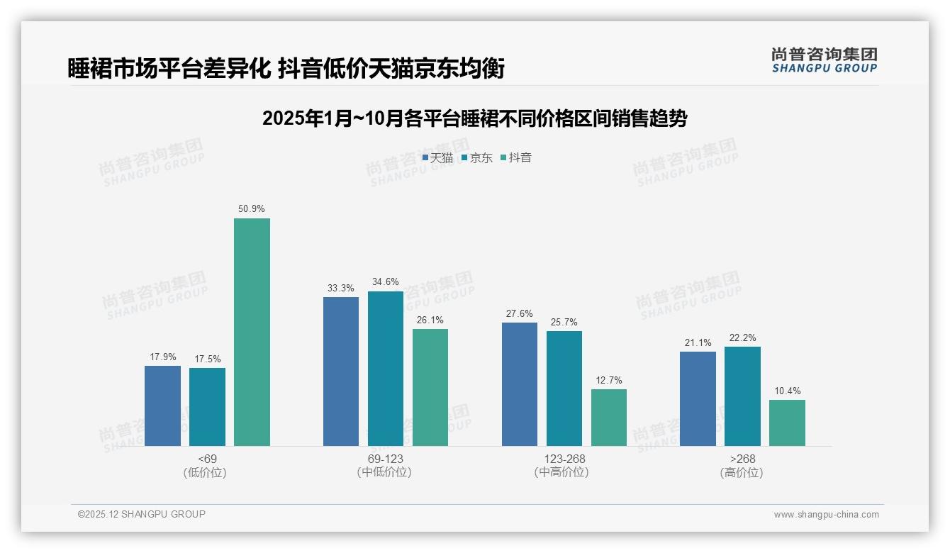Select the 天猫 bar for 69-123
(x=341, y=372)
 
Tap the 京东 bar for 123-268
(x=564, y=389)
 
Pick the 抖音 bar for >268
(x=787, y=423)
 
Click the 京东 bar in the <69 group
(x=207, y=407)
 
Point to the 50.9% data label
(x=252, y=209)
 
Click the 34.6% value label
(x=386, y=282)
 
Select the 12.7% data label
(x=609, y=381)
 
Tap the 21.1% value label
(x=698, y=343)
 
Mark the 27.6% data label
(x=520, y=314)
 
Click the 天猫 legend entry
(x=437, y=158)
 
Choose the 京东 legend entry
(x=477, y=158)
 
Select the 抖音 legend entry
(x=516, y=158)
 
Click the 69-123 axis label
(x=385, y=459)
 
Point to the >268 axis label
(x=742, y=459)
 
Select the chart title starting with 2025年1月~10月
(x=474, y=118)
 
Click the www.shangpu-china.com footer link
(x=826, y=515)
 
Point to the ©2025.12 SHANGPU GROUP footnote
(x=142, y=514)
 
